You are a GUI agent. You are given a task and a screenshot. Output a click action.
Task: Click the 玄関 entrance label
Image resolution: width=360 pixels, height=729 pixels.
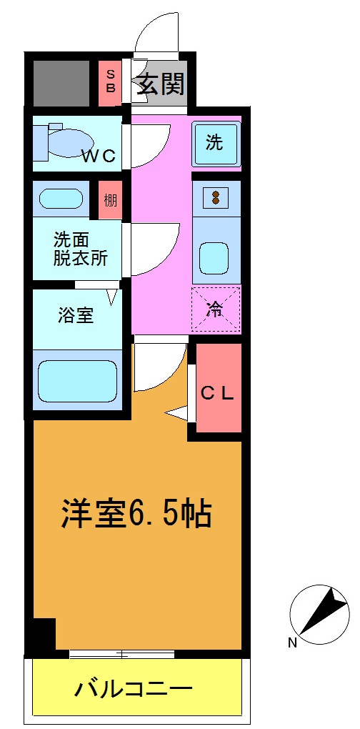pos(161,84)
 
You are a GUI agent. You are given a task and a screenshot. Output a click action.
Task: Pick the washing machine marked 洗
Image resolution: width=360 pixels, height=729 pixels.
pos(214,143)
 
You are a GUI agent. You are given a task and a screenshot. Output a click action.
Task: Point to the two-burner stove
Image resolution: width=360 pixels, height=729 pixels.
pos(215,197)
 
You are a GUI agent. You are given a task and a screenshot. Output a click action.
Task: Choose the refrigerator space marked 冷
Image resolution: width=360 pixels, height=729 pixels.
pos(215,309)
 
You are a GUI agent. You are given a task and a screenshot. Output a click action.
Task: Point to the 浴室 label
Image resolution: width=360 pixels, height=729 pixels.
pos(76,315)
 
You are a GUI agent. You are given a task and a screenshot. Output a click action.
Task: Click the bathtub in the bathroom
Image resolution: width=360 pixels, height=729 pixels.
pos(76,380)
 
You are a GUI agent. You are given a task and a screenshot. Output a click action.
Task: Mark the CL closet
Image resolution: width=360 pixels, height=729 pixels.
pos(217,392)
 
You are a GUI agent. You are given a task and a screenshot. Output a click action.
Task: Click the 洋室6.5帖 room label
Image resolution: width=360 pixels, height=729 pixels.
pos(136,513)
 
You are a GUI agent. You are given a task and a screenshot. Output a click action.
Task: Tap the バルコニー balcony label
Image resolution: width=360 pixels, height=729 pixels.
pos(134,690)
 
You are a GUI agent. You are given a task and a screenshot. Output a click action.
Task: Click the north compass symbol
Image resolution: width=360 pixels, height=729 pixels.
pos(320,612)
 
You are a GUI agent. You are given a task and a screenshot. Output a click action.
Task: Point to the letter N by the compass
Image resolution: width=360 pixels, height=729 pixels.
pos(292,643)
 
